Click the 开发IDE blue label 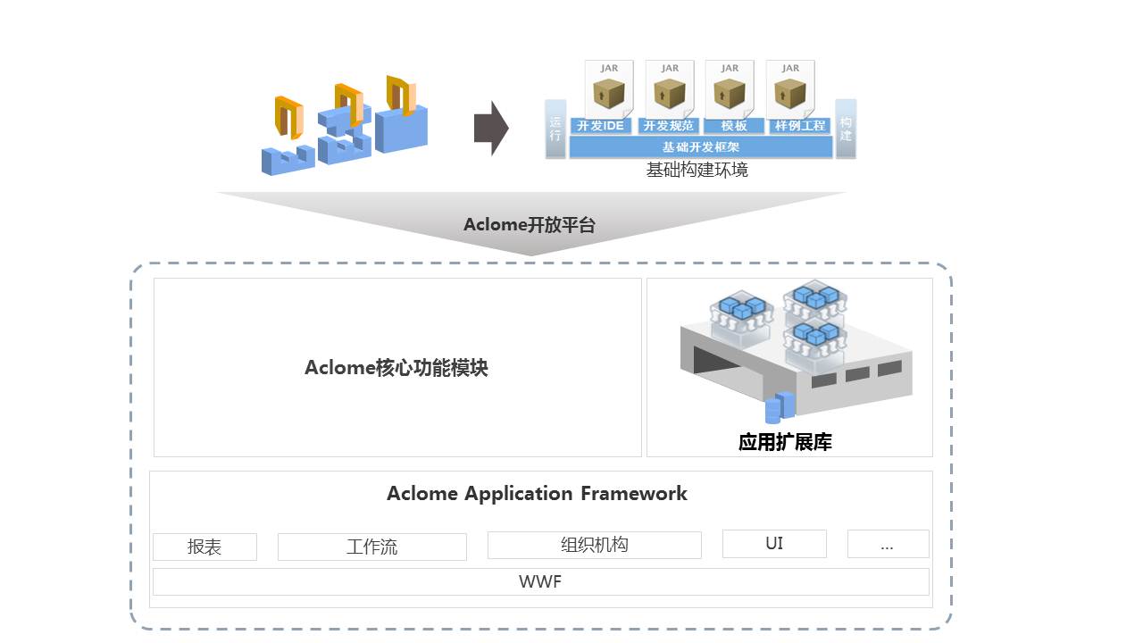[600, 126]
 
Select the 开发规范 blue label [668, 126]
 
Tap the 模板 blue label [734, 126]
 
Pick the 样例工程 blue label [800, 126]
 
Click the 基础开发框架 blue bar [700, 147]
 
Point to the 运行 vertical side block [555, 129]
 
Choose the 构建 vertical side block [846, 129]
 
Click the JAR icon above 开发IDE [609, 88]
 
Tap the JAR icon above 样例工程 [790, 88]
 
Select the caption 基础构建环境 [697, 170]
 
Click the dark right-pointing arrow [490, 129]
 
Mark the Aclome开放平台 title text [530, 225]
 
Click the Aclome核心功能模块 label [396, 368]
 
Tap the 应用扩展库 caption [785, 442]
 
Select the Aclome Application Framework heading [537, 494]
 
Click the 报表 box [204, 547]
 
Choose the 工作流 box [371, 547]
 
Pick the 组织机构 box [594, 545]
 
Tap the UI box [774, 543]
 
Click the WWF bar [540, 582]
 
